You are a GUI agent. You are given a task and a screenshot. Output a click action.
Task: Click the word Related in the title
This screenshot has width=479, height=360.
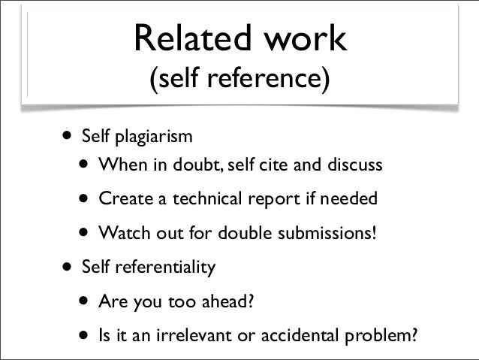click(185, 38)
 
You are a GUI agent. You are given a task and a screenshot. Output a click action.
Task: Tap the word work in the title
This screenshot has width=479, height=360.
click(304, 38)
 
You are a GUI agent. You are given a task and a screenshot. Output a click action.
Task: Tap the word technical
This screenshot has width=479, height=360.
click(201, 201)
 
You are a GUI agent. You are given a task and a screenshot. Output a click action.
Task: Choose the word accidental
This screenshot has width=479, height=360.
click(293, 336)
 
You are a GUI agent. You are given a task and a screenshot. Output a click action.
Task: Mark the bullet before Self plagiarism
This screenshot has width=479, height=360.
click(68, 138)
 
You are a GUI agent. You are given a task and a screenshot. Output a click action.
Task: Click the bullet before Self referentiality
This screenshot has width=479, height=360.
click(68, 267)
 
